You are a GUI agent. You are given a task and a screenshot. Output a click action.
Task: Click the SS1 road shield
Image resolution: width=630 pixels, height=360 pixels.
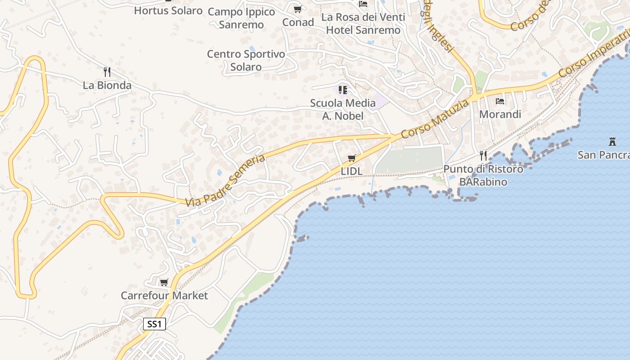click(154, 324)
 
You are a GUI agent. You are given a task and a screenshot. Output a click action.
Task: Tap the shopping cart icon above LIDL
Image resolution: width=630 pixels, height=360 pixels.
click(352, 158)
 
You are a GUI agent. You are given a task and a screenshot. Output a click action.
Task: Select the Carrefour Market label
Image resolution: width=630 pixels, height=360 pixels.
click(164, 296)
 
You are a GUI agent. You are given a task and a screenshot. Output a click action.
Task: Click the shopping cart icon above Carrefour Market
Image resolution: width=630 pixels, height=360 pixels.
click(164, 282)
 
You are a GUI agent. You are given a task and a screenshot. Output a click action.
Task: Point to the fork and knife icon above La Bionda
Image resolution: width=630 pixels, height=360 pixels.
click(107, 72)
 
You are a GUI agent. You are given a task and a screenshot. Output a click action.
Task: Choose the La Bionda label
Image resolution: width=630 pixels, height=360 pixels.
click(107, 85)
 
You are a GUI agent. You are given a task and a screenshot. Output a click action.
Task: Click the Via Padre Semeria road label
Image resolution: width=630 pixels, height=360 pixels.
click(226, 181)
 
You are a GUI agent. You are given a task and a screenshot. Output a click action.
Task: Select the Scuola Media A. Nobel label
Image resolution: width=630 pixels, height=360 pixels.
click(343, 109)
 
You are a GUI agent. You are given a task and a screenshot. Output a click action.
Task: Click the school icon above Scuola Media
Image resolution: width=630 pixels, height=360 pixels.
click(343, 90)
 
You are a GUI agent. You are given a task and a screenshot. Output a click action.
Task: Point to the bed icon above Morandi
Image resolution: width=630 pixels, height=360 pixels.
click(500, 101)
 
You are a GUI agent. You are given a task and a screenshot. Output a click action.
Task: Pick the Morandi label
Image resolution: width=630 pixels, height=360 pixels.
click(500, 114)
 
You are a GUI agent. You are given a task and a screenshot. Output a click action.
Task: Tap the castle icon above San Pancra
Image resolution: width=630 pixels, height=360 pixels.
click(612, 141)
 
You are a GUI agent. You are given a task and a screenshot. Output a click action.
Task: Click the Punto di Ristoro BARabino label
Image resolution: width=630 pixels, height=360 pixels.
click(483, 175)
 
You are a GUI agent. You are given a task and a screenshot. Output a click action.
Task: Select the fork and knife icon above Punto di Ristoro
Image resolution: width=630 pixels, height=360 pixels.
click(483, 156)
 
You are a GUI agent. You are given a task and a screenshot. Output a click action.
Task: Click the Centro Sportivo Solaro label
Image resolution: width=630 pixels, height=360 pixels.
click(246, 60)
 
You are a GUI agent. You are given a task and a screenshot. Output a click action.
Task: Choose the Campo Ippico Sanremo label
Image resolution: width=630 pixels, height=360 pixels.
click(241, 18)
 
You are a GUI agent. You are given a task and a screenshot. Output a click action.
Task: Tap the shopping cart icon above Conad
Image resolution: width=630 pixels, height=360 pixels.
click(298, 9)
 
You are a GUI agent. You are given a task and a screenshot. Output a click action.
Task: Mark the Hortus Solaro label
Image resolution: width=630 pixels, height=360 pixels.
click(168, 10)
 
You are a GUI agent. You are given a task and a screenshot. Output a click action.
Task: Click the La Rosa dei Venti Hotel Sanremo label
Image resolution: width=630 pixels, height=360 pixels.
click(363, 23)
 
